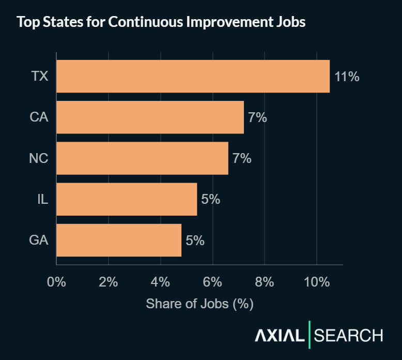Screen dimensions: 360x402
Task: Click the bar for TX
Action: (x=193, y=76)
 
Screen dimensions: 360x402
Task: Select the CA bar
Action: (x=150, y=117)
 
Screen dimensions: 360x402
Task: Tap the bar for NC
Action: (x=142, y=158)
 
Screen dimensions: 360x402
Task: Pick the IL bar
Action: (x=127, y=199)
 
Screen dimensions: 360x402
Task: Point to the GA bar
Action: (x=119, y=240)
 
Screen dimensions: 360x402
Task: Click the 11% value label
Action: (x=347, y=77)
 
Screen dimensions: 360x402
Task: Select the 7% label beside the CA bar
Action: (x=257, y=117)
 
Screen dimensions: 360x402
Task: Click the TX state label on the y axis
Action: (x=39, y=77)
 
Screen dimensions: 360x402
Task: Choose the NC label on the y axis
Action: (x=39, y=158)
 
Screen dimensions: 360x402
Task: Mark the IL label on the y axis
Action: (x=43, y=199)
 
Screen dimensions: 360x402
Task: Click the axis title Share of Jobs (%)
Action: (x=199, y=304)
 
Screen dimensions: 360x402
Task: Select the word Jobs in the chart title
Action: (x=289, y=23)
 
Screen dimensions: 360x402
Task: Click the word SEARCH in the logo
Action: (x=349, y=336)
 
